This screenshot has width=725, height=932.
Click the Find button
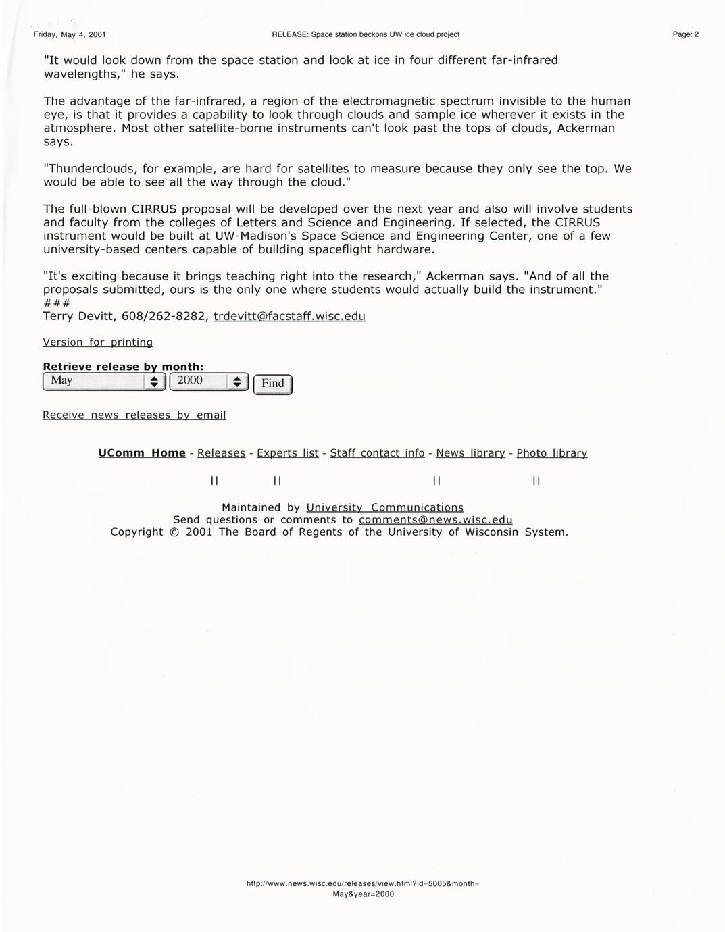point(273,384)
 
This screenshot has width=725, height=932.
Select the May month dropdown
point(103,381)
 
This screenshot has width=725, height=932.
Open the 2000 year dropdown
point(209,381)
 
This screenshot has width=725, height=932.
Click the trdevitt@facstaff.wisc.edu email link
point(289,316)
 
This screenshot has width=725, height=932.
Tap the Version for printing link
point(97,342)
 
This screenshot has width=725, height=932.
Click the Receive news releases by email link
point(134,415)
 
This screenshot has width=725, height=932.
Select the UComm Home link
point(142,453)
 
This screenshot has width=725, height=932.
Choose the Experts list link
point(287,453)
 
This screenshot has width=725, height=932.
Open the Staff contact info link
point(377,453)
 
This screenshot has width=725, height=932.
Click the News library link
point(470,453)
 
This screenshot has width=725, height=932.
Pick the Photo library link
point(551,453)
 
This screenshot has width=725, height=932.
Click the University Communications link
point(384,507)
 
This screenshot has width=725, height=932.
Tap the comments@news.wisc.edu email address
point(435,519)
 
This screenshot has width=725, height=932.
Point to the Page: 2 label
point(685,34)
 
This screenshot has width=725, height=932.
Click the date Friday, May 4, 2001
point(70,34)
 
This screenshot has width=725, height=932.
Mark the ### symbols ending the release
point(56,303)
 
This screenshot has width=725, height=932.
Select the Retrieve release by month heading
point(123,367)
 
